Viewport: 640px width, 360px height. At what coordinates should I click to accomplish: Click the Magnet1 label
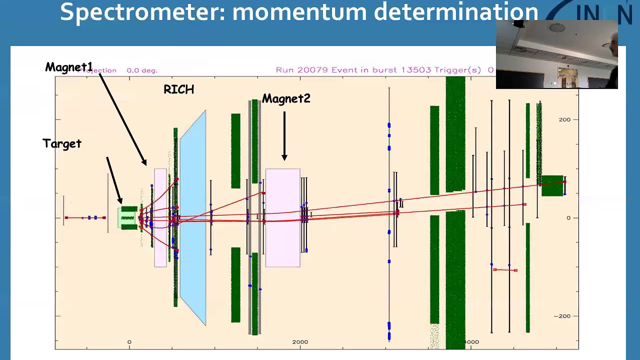69,67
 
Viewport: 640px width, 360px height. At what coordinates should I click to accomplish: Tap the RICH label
178,89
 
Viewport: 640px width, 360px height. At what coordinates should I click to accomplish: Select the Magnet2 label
286,99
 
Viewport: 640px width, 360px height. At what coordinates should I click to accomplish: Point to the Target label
62,144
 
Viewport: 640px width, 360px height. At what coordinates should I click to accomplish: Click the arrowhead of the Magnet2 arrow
284,157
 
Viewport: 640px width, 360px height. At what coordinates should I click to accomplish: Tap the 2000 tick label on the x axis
300,342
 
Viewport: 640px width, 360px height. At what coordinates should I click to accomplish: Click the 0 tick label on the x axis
129,342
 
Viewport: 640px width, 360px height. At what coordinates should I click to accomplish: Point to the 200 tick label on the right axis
564,119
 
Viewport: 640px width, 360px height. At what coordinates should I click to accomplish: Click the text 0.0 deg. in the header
142,70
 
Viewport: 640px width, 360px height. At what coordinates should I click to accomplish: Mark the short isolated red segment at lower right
505,270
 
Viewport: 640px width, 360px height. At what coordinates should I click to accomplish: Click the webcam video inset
556,54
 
